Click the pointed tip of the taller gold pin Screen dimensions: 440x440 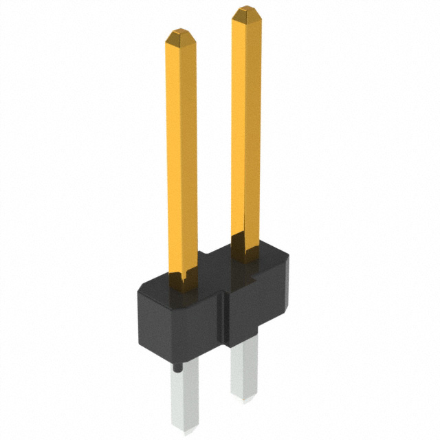[245, 12]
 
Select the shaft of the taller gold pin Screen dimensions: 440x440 [245, 124]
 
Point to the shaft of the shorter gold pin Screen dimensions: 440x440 [181, 151]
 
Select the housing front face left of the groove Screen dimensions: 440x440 [182, 323]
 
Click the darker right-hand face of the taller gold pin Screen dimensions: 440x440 [254, 124]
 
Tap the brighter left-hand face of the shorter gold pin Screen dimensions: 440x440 [174, 151]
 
